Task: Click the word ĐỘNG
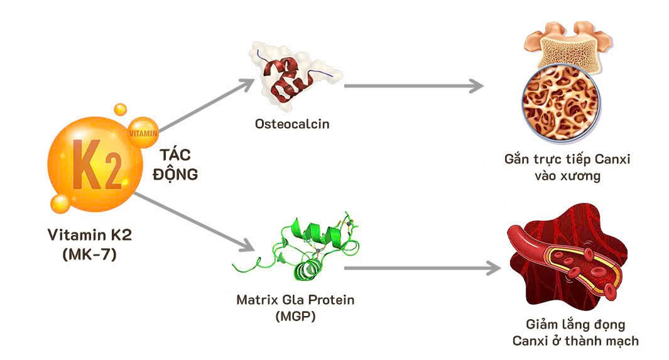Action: coord(175,174)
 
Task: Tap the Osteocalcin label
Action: coord(291,124)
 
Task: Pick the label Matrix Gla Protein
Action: coord(295,300)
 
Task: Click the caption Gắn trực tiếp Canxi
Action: coord(567,160)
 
